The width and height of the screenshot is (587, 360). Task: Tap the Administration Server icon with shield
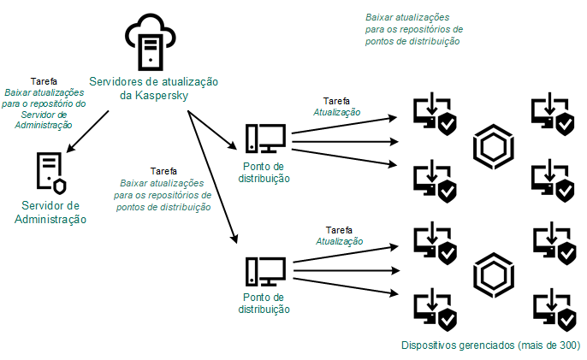[x=51, y=174]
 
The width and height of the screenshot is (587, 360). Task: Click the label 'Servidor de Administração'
[x=51, y=213]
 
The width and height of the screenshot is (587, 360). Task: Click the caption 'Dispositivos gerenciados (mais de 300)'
[x=490, y=347]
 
